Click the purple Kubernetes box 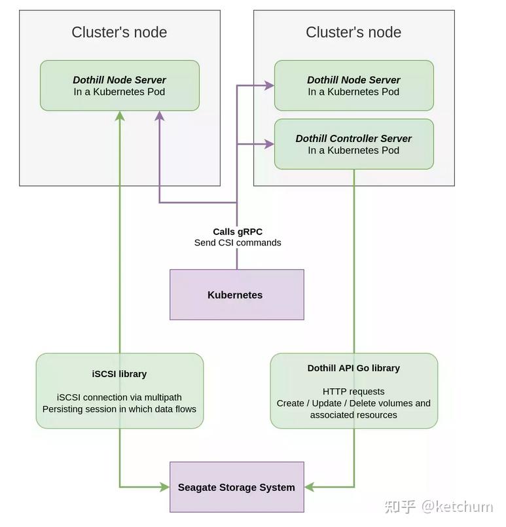pyautogui.click(x=236, y=295)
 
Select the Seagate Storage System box pyautogui.click(x=236, y=487)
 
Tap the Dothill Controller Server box pyautogui.click(x=353, y=144)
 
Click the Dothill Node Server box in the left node pyautogui.click(x=119, y=86)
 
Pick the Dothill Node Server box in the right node pyautogui.click(x=353, y=86)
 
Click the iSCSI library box pyautogui.click(x=119, y=391)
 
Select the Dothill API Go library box pyautogui.click(x=353, y=391)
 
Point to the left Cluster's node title pyautogui.click(x=119, y=32)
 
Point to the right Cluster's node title pyautogui.click(x=353, y=32)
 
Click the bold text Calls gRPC pyautogui.click(x=238, y=232)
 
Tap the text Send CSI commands pyautogui.click(x=238, y=243)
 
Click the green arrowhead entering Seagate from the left pyautogui.click(x=164, y=487)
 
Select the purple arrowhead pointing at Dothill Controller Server pyautogui.click(x=268, y=144)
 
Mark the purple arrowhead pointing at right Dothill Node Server pyautogui.click(x=268, y=85)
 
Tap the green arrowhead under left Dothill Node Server pyautogui.click(x=120, y=116)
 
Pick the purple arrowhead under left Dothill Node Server pyautogui.click(x=160, y=116)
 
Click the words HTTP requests pyautogui.click(x=353, y=391)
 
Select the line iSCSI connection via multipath pyautogui.click(x=119, y=397)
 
